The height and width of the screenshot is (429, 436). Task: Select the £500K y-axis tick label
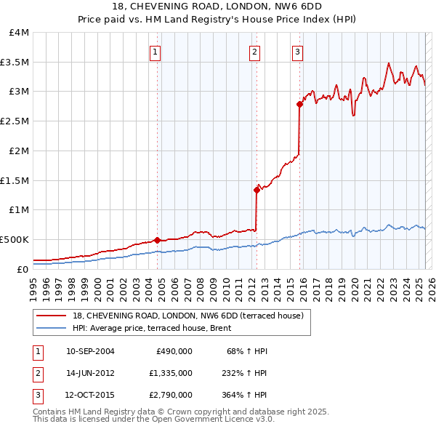[15, 239]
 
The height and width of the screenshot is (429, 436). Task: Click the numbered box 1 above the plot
[156, 52]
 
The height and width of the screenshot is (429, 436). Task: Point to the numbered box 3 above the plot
[297, 52]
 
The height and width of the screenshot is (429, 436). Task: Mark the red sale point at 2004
[158, 240]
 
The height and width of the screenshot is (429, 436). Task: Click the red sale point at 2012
[257, 190]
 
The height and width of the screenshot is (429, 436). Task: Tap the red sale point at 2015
[299, 104]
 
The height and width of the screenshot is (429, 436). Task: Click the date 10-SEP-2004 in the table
[90, 351]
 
